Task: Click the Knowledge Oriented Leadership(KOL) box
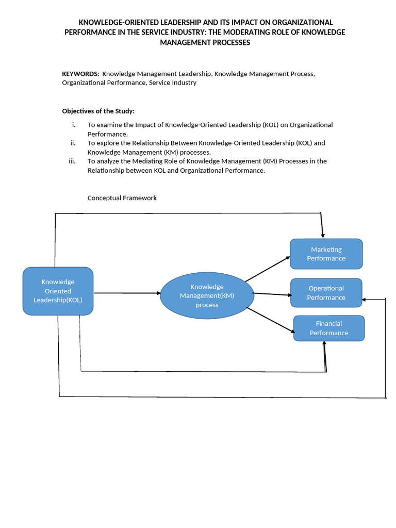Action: click(x=58, y=291)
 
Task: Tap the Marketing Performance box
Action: click(x=326, y=254)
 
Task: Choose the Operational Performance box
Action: click(x=326, y=293)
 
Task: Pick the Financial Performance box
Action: click(x=329, y=328)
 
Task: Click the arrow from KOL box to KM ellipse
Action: click(x=127, y=293)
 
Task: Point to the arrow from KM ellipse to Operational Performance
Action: click(x=272, y=294)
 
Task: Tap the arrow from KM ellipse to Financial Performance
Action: click(x=270, y=320)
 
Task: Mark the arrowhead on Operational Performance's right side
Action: click(x=366, y=300)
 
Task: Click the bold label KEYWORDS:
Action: click(x=80, y=74)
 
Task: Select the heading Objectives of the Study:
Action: click(x=98, y=111)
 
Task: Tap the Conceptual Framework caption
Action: click(x=122, y=197)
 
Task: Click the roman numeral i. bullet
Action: click(x=74, y=125)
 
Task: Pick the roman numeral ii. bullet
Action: click(x=73, y=143)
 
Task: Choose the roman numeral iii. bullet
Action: click(x=72, y=161)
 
